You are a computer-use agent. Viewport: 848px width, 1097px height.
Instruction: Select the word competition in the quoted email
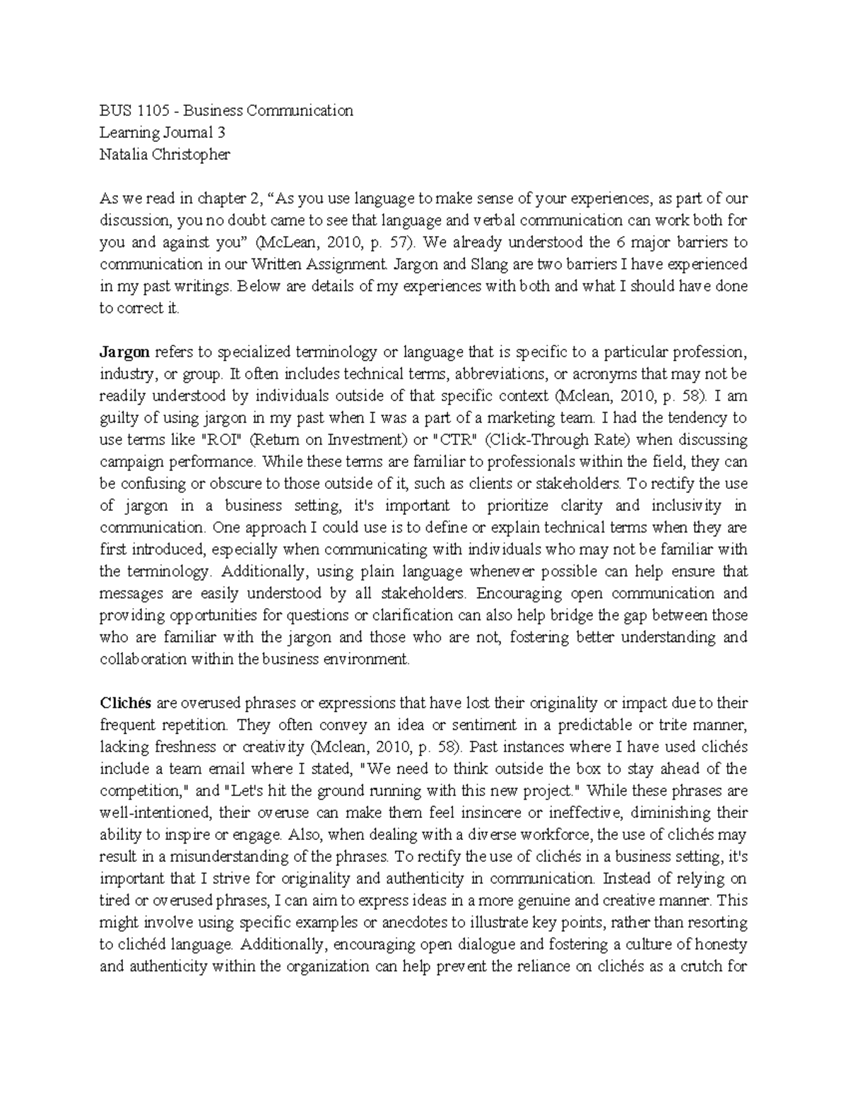139,790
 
